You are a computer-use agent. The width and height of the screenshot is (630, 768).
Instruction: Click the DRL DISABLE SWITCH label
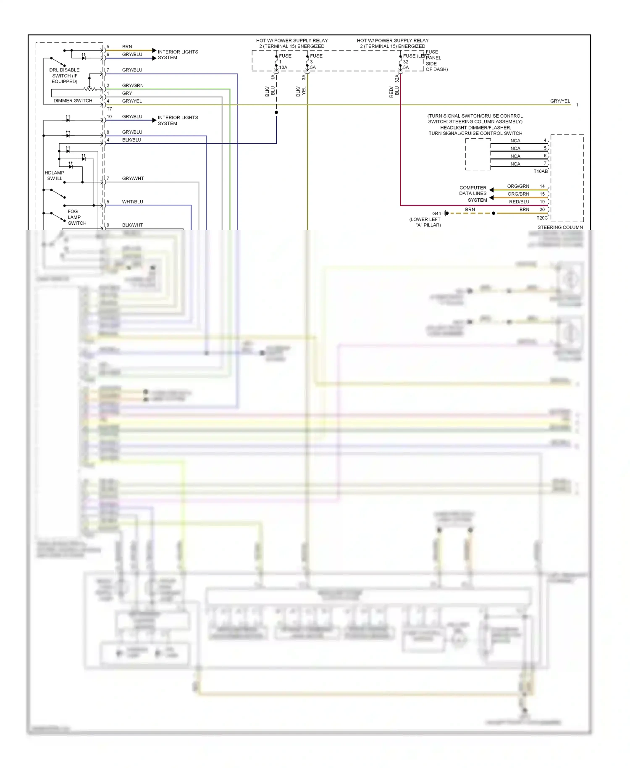tap(64, 76)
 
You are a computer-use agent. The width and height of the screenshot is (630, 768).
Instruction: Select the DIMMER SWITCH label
tap(73, 101)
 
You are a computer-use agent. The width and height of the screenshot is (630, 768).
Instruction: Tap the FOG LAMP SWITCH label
tap(76, 217)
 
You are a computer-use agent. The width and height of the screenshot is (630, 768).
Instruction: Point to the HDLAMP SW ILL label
tap(55, 176)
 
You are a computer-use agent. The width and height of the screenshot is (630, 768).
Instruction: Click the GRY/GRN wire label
tap(133, 86)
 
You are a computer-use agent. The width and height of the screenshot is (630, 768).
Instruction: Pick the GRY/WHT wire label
tap(133, 179)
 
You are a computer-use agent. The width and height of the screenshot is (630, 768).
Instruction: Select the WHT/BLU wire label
tap(132, 202)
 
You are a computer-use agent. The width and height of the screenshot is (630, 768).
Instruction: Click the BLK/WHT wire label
tap(132, 225)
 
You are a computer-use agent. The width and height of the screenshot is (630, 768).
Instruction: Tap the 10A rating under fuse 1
tap(283, 68)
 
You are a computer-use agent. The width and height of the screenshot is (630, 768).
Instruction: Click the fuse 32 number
tap(406, 62)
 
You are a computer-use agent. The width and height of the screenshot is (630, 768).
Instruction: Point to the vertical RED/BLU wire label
tap(394, 92)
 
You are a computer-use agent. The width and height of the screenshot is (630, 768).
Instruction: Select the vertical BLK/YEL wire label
tap(301, 91)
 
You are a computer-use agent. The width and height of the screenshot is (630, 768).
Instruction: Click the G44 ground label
tap(436, 213)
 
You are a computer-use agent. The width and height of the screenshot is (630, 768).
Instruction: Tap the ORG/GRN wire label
tap(518, 186)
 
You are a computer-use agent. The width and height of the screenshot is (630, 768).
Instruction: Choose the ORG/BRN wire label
tap(518, 194)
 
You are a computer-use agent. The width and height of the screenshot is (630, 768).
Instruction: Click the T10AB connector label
tap(540, 171)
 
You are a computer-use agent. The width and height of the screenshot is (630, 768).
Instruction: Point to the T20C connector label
tap(542, 218)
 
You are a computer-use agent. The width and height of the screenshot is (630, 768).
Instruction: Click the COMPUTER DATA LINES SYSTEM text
tap(473, 194)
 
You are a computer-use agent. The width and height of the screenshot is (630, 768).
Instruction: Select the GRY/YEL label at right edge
tap(560, 101)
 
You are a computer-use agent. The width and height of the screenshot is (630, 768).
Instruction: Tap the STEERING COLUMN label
tap(560, 227)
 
